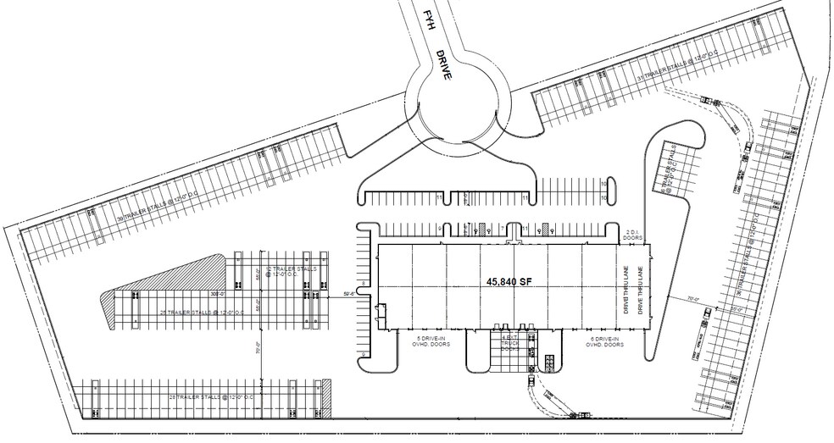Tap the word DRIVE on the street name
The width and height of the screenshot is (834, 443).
point(444,65)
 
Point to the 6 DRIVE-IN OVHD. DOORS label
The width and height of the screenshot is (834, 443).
point(607,341)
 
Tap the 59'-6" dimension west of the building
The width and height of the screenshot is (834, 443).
point(349,295)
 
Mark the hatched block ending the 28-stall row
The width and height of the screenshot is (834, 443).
point(325,396)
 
